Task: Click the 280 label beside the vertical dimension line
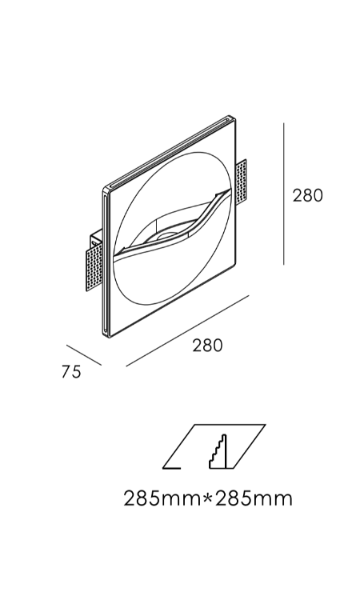pyautogui.click(x=307, y=195)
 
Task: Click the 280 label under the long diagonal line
pyautogui.click(x=207, y=346)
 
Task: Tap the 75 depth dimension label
pyautogui.click(x=71, y=371)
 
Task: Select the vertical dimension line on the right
pyautogui.click(x=283, y=194)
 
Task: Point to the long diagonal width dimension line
pyautogui.click(x=187, y=330)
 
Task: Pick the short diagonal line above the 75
pyautogui.click(x=84, y=355)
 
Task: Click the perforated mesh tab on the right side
pyautogui.click(x=242, y=182)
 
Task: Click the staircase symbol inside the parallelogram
pyautogui.click(x=218, y=451)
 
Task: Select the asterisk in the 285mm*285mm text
pyautogui.click(x=207, y=496)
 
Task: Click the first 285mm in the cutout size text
pyautogui.click(x=162, y=498)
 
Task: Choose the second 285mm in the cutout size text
pyautogui.click(x=253, y=498)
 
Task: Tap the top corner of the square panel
pyautogui.click(x=230, y=115)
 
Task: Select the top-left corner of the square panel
pyautogui.click(x=105, y=188)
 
